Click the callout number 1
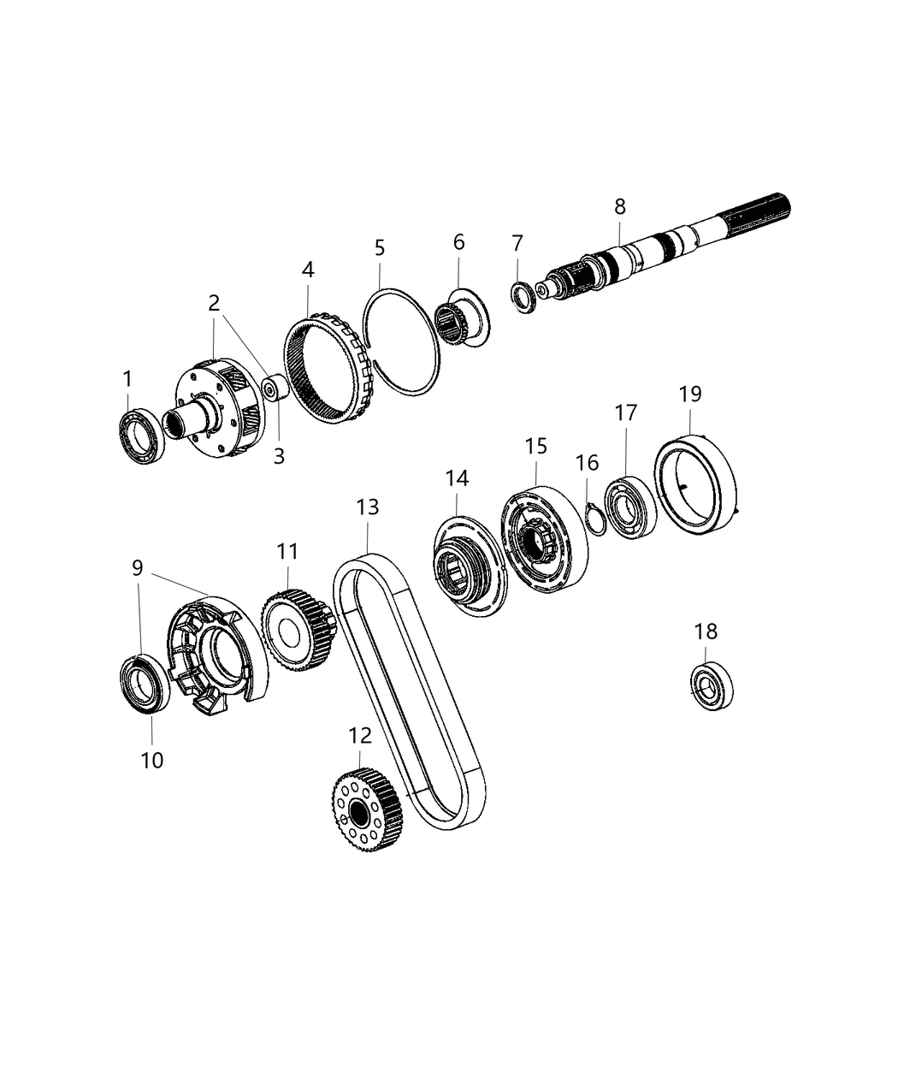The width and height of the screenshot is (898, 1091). click(127, 378)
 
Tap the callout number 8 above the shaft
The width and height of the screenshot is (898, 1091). click(620, 206)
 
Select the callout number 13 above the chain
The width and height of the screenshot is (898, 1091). click(368, 507)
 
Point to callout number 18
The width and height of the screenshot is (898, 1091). click(706, 631)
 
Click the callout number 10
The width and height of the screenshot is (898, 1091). click(151, 759)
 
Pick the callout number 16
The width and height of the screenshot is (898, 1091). click(587, 464)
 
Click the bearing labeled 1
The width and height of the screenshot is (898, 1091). click(139, 438)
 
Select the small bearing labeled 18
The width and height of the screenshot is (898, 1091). click(712, 687)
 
